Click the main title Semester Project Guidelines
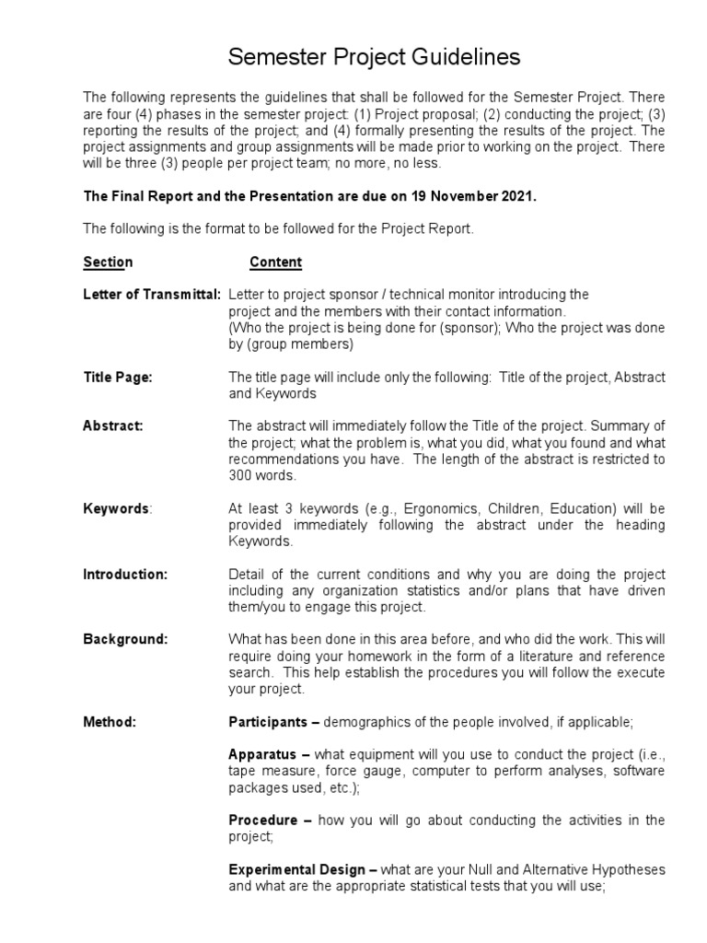(374, 57)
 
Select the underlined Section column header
(108, 262)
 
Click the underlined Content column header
(275, 262)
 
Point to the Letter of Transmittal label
(151, 295)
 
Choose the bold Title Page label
(117, 378)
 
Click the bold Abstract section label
(113, 426)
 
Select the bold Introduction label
(125, 574)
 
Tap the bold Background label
(125, 639)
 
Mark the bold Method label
(110, 722)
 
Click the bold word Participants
(267, 722)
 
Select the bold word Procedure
(262, 820)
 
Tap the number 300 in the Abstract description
(239, 475)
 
